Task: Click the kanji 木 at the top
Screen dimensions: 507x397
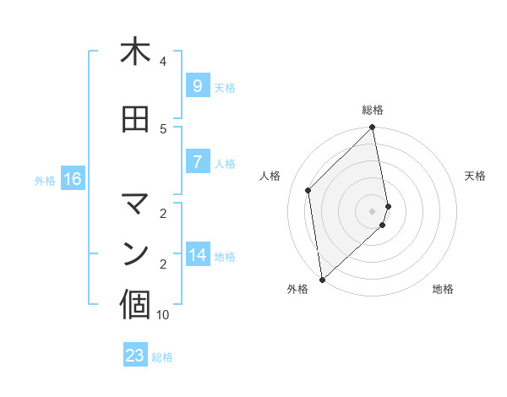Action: click(135, 52)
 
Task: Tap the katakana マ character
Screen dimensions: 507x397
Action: click(135, 203)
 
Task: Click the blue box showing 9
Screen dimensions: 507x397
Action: click(197, 86)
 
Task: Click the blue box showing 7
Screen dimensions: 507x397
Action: click(197, 162)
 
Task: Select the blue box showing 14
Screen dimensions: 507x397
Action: click(197, 255)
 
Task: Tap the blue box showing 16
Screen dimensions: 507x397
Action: click(73, 179)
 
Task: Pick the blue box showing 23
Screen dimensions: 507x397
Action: click(135, 356)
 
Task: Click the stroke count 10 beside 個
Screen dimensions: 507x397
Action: click(163, 315)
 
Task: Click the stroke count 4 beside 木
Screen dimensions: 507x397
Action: click(163, 62)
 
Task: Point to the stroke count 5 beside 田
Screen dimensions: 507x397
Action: click(163, 129)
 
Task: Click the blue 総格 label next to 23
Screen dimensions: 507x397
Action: click(162, 357)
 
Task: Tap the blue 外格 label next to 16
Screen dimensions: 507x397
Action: click(45, 180)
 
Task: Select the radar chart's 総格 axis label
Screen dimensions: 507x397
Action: click(373, 110)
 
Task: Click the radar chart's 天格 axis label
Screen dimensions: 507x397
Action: click(476, 176)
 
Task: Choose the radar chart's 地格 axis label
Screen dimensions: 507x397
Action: click(443, 289)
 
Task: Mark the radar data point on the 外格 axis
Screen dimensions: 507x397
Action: click(322, 279)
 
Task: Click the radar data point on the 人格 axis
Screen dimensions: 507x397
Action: click(308, 190)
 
